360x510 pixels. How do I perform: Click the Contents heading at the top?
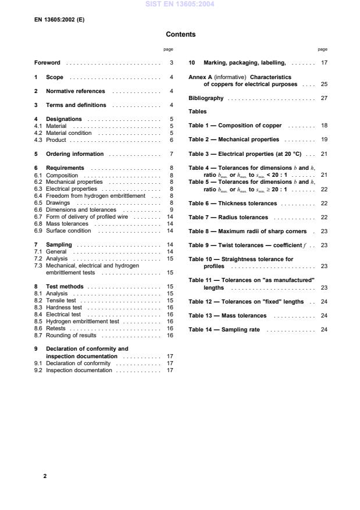point(180,34)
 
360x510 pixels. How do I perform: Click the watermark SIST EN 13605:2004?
point(180,4)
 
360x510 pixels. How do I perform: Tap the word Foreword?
point(47,63)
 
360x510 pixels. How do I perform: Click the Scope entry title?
point(55,77)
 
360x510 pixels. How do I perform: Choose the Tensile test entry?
point(64,300)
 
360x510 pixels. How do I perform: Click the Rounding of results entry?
point(73,335)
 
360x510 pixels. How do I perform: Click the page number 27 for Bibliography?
point(324,98)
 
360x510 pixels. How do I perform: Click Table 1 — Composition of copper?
point(236,126)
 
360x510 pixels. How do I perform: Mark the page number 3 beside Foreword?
point(171,63)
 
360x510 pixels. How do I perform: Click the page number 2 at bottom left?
point(45,476)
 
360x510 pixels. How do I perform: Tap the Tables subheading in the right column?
point(198,111)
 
